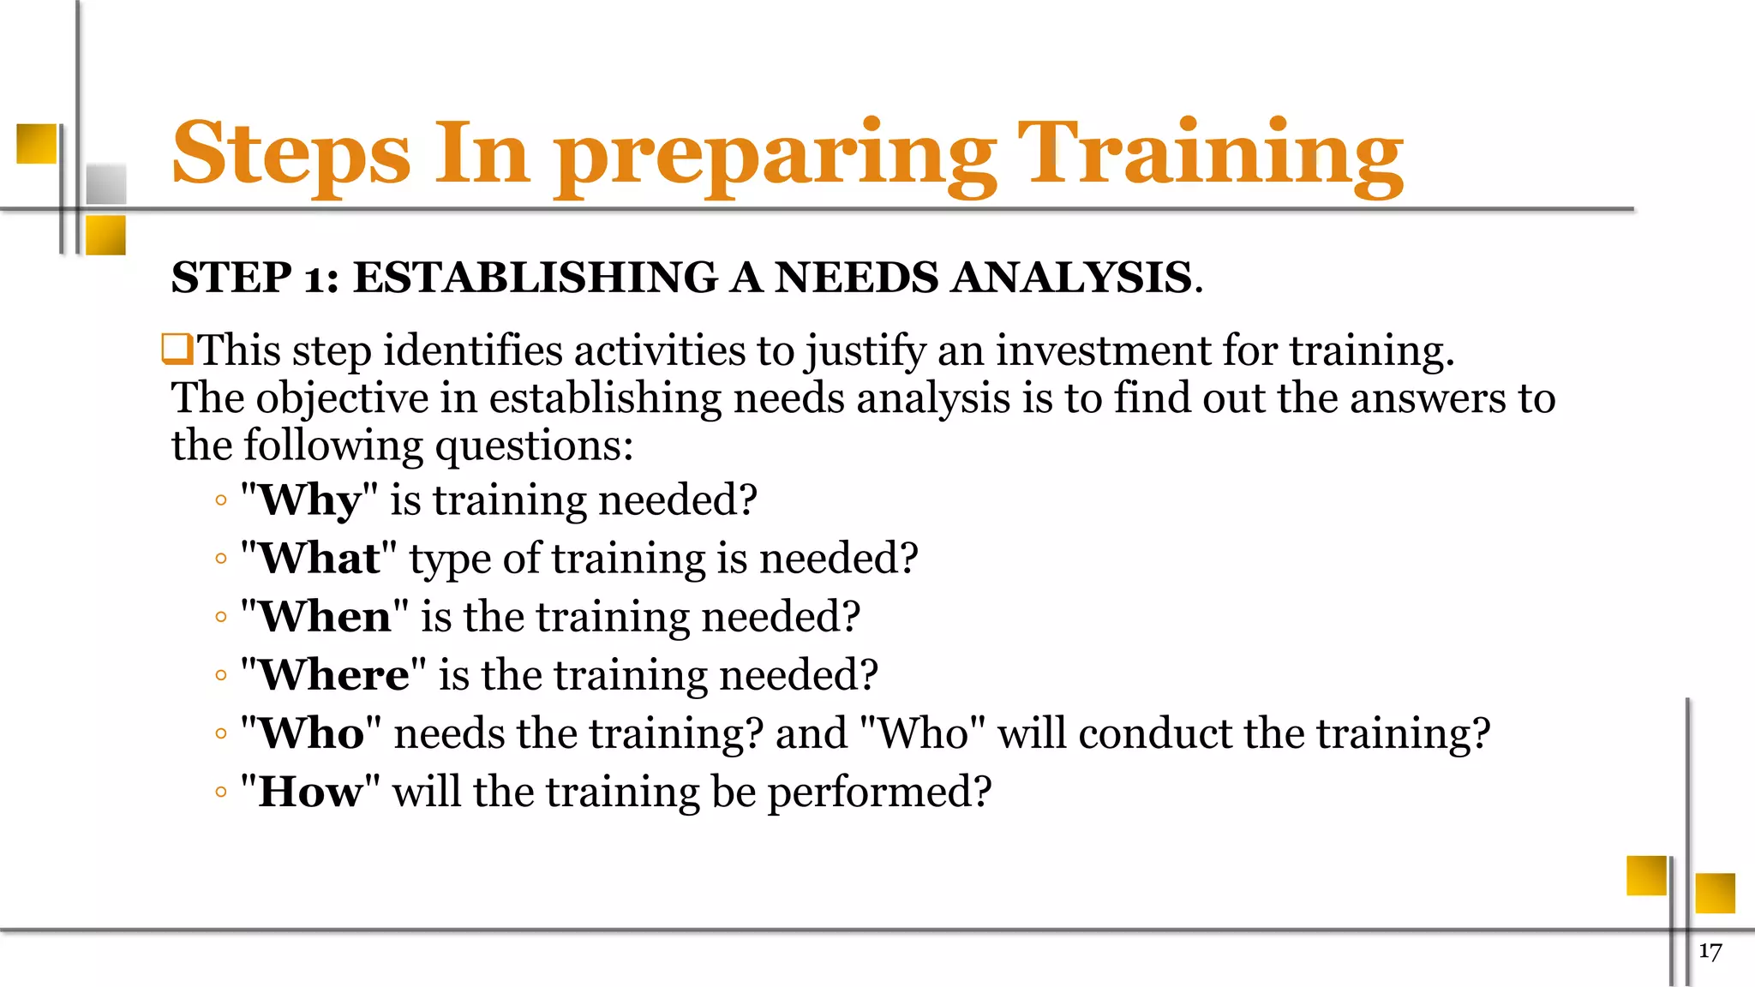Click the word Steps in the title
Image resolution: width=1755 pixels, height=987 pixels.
291,154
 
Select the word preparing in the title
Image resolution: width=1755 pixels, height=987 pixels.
776,159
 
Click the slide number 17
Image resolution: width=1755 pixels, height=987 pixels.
1710,952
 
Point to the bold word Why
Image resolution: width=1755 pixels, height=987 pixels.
309,501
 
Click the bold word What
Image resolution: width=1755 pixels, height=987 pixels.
319,559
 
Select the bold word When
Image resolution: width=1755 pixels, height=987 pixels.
325,617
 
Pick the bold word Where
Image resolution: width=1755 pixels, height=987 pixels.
333,675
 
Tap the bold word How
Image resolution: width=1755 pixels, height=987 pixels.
310,792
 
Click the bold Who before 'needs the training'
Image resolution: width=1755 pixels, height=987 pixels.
311,733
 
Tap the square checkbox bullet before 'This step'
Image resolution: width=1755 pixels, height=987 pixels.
177,350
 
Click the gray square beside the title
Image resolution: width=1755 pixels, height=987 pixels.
106,182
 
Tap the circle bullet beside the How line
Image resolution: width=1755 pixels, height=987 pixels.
221,793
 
